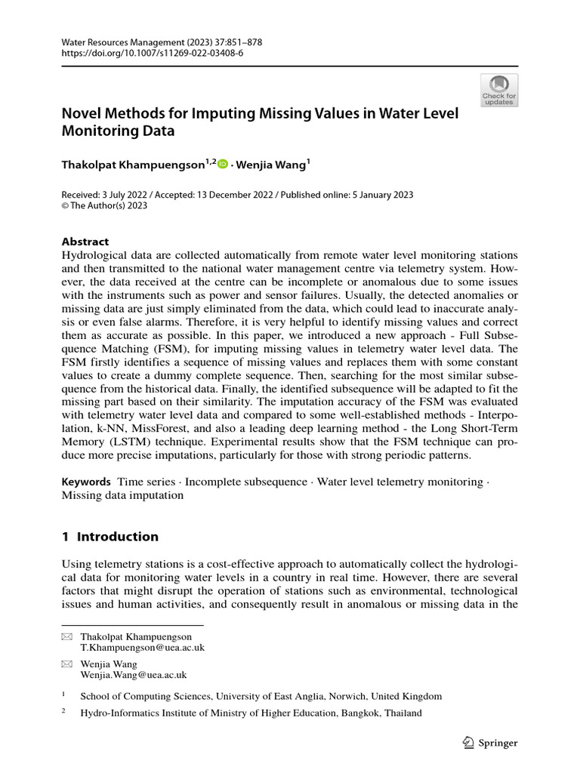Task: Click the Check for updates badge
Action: click(x=499, y=90)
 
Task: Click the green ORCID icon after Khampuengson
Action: click(x=223, y=163)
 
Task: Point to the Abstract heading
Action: click(x=85, y=242)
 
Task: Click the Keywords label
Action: click(x=85, y=482)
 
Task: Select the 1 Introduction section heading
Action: click(x=110, y=537)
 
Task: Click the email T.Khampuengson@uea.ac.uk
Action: click(x=143, y=648)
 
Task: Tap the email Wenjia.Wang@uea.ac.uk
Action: click(x=134, y=675)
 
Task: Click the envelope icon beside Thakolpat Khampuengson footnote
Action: click(x=66, y=637)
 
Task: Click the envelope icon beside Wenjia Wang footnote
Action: click(x=66, y=664)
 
